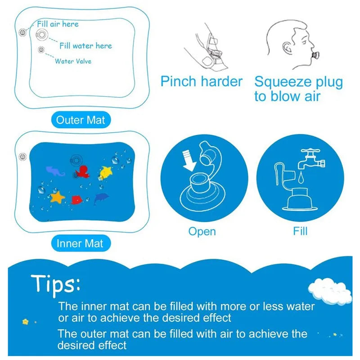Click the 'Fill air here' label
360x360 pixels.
click(58, 24)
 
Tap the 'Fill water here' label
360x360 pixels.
click(85, 45)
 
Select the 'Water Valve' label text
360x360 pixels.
click(73, 61)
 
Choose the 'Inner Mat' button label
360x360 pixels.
click(80, 243)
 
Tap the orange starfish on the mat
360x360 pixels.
click(58, 197)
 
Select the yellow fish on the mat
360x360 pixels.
click(106, 171)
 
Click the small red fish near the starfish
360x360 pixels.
click(76, 198)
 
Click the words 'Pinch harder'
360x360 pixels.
click(201, 82)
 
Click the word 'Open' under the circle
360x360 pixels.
click(202, 232)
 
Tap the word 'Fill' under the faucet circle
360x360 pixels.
click(300, 231)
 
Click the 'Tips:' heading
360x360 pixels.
click(55, 284)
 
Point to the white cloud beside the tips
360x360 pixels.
click(331, 291)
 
